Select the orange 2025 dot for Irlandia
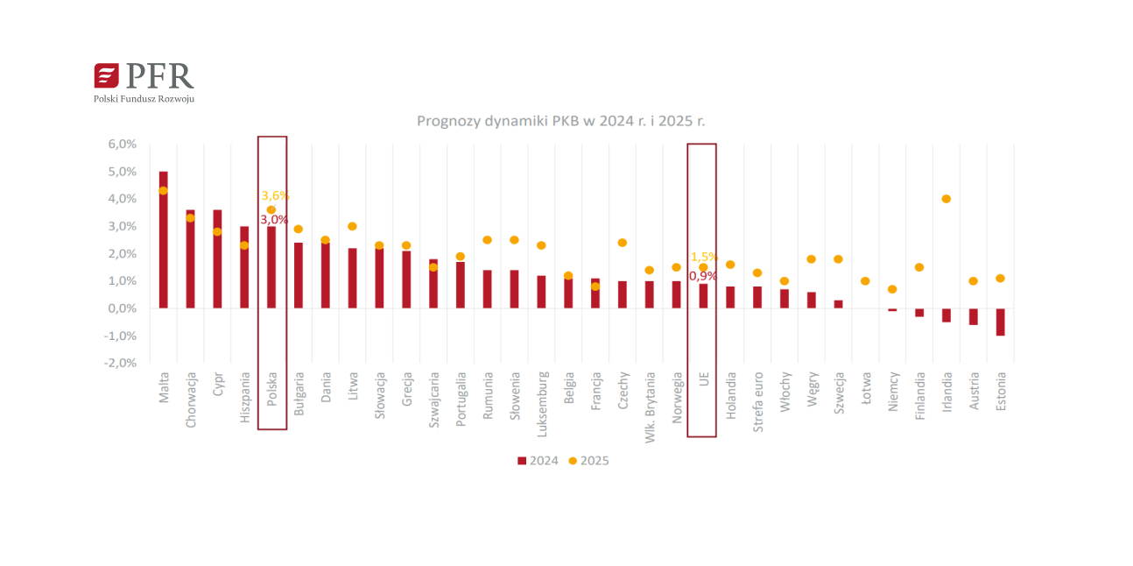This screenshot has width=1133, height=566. pos(947,199)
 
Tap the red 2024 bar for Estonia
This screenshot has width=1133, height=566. pos(1000,322)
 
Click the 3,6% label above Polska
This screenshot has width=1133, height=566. pos(275,195)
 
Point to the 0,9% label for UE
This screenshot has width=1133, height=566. pos(702,276)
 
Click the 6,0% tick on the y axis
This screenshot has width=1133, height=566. pos(122,144)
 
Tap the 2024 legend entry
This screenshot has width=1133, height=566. pos(538,461)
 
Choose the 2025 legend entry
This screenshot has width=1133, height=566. pos(588,461)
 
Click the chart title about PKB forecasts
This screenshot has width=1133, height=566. pos(560,121)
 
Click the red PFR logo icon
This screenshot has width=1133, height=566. pos(106,76)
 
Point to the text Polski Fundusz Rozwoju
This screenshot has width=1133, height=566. pos(144,99)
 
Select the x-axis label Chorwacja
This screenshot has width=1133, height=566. pos(191,399)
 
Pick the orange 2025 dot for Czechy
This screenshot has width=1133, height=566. pos(623,243)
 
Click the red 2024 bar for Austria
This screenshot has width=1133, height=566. pos(973,316)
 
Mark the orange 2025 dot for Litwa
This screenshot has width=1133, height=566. pos(352,226)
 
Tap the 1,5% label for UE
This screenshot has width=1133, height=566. pos(704,257)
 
